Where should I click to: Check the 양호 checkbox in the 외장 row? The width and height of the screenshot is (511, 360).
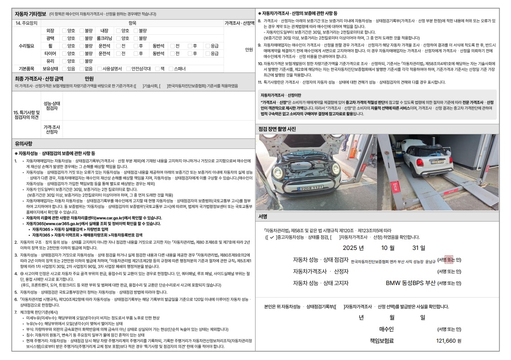pos(64,31)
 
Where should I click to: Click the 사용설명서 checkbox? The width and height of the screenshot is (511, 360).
pos(100,69)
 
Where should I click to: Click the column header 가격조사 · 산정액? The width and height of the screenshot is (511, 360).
pos(239,23)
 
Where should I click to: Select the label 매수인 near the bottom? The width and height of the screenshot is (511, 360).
pos(386,329)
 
